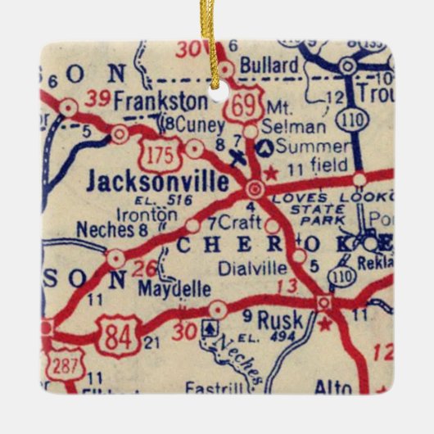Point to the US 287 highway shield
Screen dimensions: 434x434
(58, 364)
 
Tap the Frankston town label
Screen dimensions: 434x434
(161, 101)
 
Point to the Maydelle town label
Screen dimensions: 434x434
(174, 288)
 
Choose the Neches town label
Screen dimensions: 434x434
(105, 230)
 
